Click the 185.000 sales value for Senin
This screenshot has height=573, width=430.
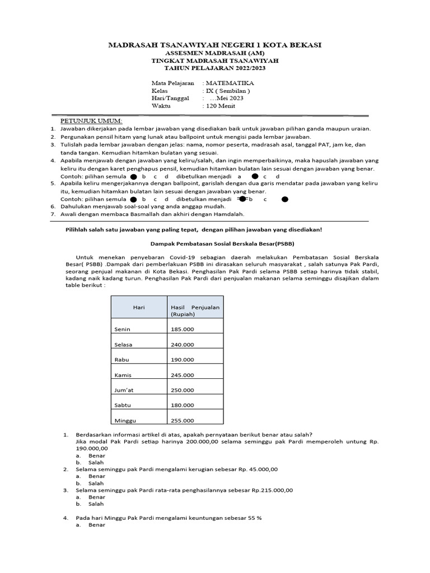(x=182, y=329)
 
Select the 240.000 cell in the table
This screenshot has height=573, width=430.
(x=182, y=344)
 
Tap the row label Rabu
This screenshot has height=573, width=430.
(x=122, y=359)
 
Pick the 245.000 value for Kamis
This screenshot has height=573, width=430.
(x=182, y=375)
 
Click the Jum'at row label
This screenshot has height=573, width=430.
(x=125, y=390)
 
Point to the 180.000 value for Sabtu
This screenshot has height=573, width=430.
(x=182, y=405)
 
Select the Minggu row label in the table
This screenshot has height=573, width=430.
(x=124, y=420)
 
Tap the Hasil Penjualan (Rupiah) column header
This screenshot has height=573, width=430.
(x=194, y=312)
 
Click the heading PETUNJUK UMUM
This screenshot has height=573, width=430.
(x=91, y=121)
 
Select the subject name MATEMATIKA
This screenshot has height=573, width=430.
(x=229, y=82)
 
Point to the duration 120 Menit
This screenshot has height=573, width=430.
(x=221, y=106)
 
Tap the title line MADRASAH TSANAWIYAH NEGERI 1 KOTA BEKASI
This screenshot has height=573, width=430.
(x=214, y=45)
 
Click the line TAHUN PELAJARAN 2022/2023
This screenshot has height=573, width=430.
(x=214, y=68)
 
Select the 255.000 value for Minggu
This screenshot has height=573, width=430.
(x=182, y=420)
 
